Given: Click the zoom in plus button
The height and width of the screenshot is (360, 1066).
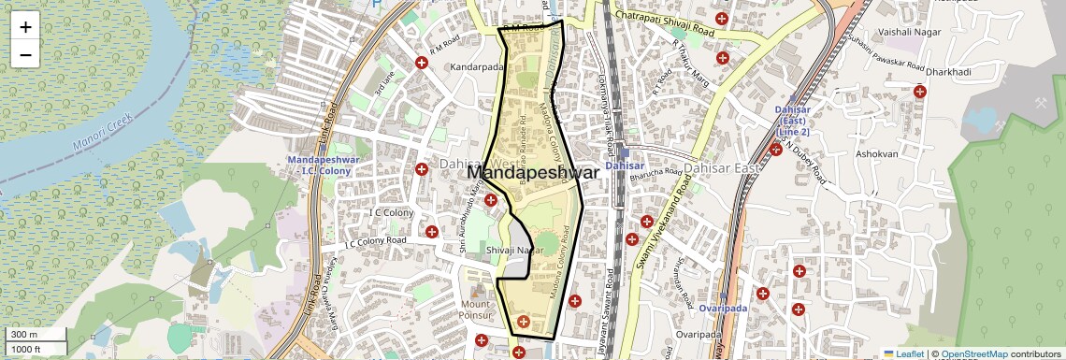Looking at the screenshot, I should (25, 27).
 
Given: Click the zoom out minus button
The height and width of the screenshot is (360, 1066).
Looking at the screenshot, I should (25, 54).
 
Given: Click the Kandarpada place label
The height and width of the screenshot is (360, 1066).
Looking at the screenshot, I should (476, 68).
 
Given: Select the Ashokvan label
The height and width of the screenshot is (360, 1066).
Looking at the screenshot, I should (876, 152).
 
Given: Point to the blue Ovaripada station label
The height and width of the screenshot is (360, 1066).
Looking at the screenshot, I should (724, 308).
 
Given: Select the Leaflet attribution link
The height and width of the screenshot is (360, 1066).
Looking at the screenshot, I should (902, 353).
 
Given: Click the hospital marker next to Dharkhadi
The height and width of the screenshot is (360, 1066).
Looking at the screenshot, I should (920, 91).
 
